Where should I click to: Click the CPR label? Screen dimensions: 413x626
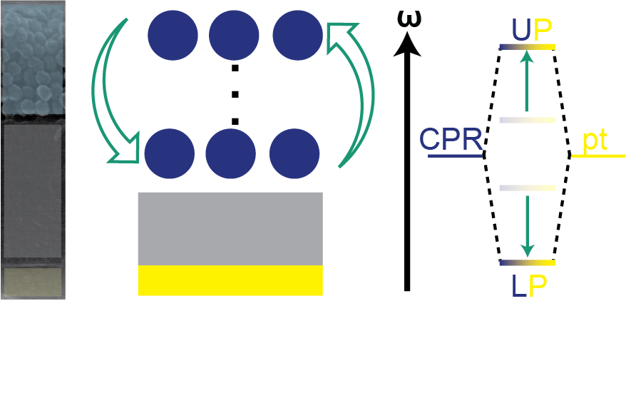tap(451, 140)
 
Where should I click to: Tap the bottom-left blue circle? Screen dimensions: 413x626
tap(170, 153)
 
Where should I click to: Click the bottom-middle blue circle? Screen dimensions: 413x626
tap(230, 153)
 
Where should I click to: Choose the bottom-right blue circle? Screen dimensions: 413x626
tap(294, 153)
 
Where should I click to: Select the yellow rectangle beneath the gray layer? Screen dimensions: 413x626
tap(230, 280)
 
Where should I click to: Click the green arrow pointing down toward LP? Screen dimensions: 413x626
tap(527, 225)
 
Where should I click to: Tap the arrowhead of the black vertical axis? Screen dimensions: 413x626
tap(407, 46)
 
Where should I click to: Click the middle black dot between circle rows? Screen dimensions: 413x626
tap(235, 93)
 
